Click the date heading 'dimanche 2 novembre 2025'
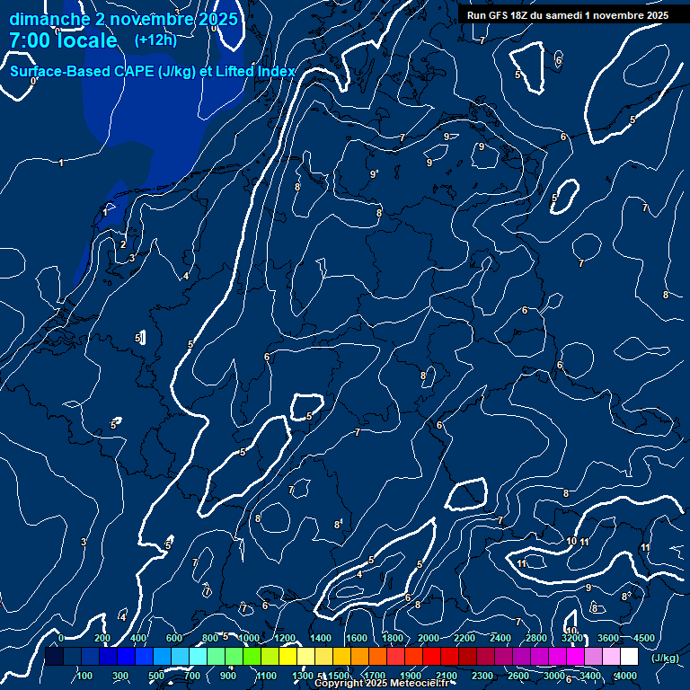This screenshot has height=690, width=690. tap(123, 19)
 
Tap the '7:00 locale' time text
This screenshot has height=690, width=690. tap(63, 40)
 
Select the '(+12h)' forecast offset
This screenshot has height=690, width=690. tap(155, 40)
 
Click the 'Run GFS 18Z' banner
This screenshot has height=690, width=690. tap(568, 15)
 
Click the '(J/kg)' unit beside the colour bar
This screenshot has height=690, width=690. tap(665, 658)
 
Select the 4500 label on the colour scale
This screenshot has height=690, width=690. tap(643, 638)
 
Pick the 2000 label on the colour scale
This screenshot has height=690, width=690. tap(429, 638)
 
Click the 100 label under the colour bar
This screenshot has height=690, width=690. tap(85, 676)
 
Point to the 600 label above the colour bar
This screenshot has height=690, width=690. tap(174, 638)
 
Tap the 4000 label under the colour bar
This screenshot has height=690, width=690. tap(626, 676)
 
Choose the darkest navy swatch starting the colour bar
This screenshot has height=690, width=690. tap(55, 657)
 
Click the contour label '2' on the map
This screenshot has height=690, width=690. tap(123, 244)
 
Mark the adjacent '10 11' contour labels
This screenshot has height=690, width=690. tap(578, 542)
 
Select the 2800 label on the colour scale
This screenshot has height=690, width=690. tap(536, 638)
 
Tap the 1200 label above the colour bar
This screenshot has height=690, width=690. tap(284, 638)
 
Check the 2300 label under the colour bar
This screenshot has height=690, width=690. tap(482, 676)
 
